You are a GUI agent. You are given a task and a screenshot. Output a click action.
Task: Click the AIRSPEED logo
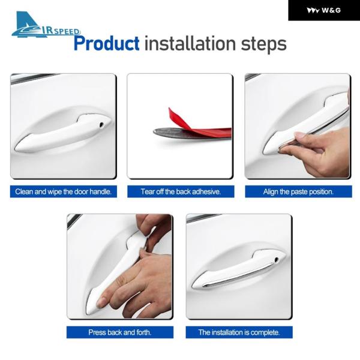[x=46, y=25]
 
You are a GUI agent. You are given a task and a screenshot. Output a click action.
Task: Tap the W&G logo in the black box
[x=324, y=10]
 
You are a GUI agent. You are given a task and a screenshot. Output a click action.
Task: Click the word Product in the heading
[x=107, y=44]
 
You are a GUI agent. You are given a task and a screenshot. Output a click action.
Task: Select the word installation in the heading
[x=190, y=43]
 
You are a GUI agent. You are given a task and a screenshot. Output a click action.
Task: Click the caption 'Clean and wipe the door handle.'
[x=64, y=191]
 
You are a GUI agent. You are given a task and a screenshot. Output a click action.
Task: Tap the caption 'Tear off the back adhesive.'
[x=181, y=191]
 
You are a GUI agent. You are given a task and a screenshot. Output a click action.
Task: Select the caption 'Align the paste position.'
[x=298, y=191]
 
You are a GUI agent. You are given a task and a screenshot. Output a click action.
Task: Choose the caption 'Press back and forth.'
[x=120, y=332]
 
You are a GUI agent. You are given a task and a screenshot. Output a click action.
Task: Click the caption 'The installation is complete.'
[x=239, y=332]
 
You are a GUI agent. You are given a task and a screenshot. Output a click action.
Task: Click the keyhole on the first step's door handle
[x=101, y=125]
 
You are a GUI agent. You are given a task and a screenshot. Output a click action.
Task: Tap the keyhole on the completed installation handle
[x=277, y=260]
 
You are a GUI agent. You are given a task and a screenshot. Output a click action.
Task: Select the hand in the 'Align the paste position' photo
[x=317, y=152]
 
